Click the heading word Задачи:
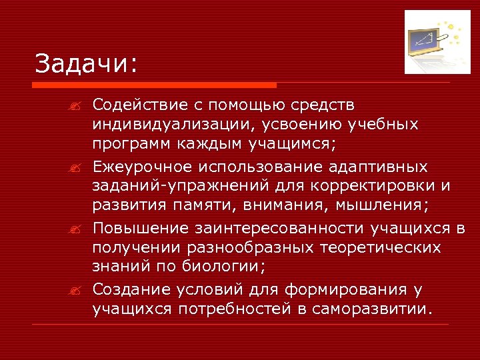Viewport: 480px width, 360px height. coord(86,64)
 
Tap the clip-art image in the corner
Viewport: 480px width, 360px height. coord(433,42)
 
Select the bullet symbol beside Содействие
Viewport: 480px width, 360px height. coord(78,106)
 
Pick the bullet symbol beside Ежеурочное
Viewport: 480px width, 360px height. coord(78,167)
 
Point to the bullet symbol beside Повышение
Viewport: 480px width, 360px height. coord(78,229)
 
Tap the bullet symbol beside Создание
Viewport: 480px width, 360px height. coord(78,291)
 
